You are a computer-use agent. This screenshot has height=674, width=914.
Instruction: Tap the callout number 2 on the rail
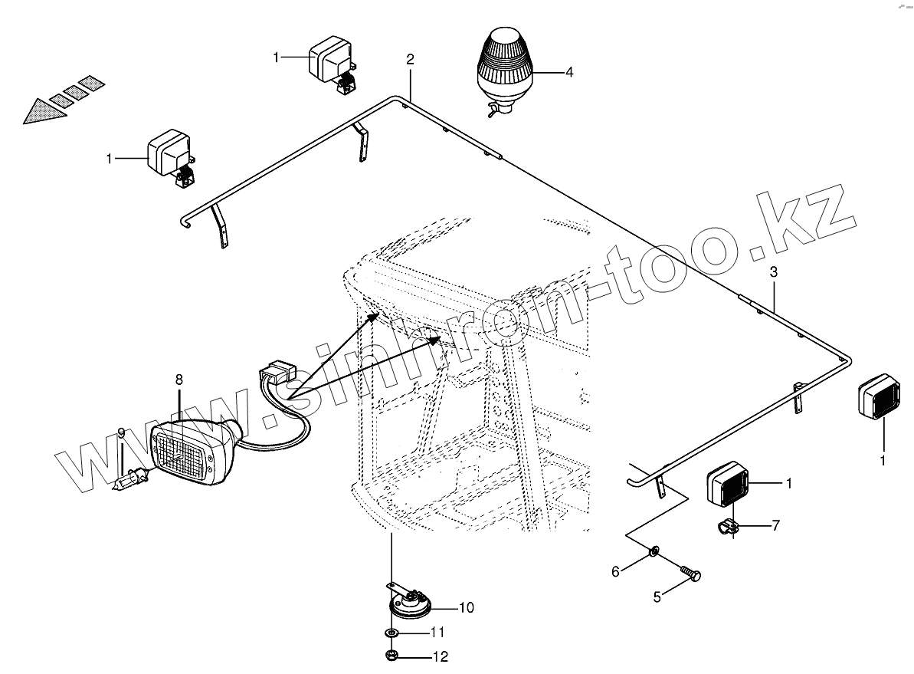tap(411, 59)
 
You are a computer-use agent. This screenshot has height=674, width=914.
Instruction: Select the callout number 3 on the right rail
tap(774, 272)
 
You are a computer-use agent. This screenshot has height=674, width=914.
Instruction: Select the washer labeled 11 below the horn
tap(391, 633)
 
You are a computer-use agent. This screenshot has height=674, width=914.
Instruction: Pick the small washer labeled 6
tap(654, 551)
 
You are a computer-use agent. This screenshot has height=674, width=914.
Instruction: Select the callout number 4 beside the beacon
tap(569, 72)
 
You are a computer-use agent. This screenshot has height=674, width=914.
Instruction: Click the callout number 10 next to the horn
tap(466, 608)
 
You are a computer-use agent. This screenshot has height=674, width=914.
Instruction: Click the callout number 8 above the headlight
tap(179, 379)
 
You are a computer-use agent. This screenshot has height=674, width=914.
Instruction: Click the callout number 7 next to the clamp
tap(775, 525)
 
